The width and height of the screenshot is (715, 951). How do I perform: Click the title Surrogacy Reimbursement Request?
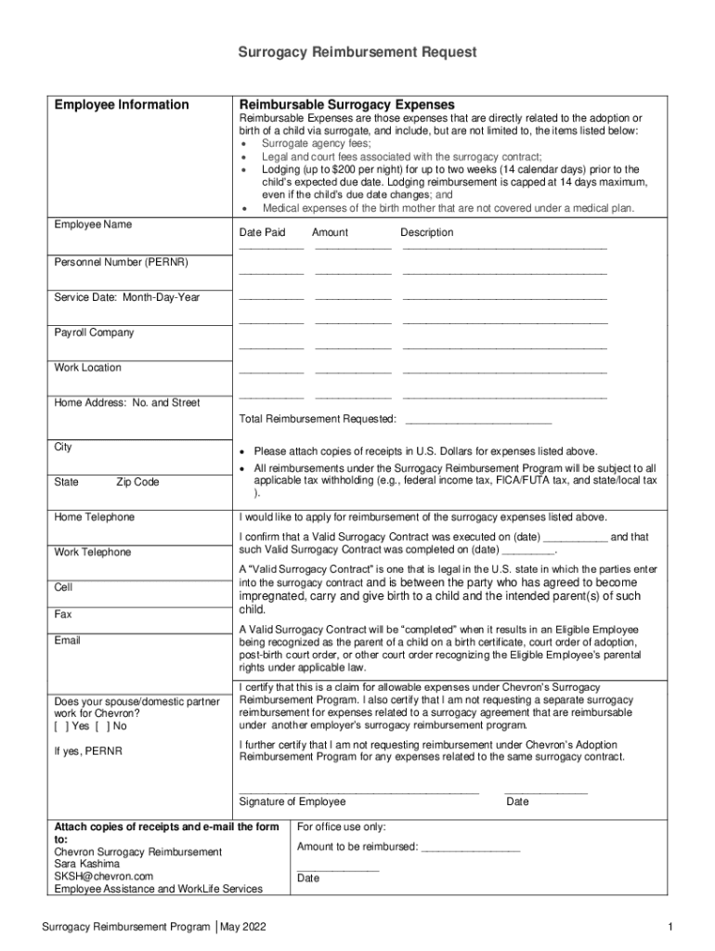coord(357,53)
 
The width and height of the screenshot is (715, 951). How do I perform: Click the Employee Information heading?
coord(121,105)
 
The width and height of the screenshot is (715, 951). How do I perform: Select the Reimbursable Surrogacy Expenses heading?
coord(346,105)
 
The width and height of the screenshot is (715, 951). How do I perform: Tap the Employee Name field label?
coord(93,225)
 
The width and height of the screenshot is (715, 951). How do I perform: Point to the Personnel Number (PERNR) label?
coord(121,263)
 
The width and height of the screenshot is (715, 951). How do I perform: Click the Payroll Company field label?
coord(94,332)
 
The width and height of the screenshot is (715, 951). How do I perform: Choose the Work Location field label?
coord(87,368)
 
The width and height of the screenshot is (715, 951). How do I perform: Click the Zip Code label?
coord(137,482)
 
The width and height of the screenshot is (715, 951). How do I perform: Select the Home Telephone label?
coord(94,517)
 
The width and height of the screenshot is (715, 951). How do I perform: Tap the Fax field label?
coord(63,615)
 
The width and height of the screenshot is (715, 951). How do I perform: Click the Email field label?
coord(67,641)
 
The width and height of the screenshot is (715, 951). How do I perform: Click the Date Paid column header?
coord(262,232)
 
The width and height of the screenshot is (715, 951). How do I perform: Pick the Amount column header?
coord(330,232)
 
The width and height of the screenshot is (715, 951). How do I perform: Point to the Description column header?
coord(427,232)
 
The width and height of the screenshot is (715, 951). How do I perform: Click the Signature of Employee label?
coord(292,801)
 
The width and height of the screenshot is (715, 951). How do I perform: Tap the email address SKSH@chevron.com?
coord(103,876)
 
